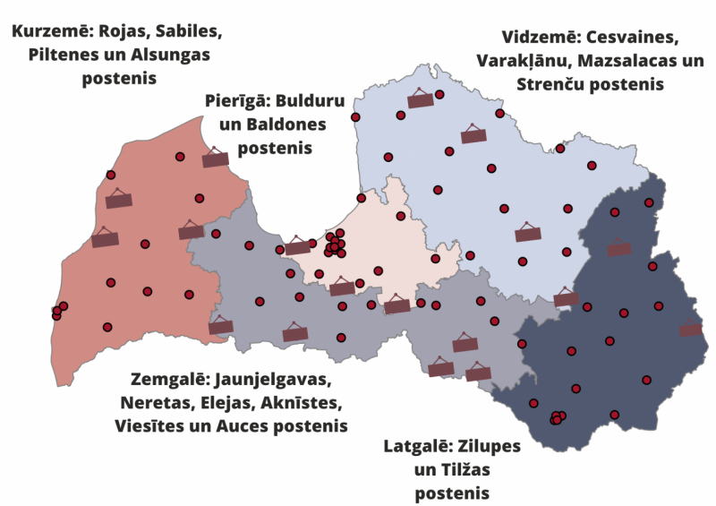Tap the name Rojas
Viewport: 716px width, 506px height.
[123, 32]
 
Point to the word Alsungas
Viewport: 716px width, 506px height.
[175, 56]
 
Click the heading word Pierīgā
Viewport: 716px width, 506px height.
[236, 101]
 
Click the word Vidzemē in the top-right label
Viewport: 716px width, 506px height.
[537, 39]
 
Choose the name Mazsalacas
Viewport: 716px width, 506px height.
[623, 62]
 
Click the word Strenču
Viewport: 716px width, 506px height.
[556, 85]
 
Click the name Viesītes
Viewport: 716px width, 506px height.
[152, 425]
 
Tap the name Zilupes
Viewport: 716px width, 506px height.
[490, 446]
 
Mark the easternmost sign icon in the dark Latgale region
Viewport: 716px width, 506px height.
[690, 330]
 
